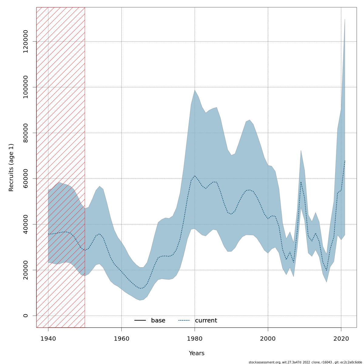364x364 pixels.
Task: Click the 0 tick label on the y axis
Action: point(25,315)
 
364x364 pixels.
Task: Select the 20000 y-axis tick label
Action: point(25,270)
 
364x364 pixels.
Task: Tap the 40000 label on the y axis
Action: point(25,224)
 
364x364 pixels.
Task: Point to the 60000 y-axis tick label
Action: point(25,178)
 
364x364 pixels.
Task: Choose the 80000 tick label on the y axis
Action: point(25,133)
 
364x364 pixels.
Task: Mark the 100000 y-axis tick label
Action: point(25,87)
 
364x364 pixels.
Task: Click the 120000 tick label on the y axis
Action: point(25,41)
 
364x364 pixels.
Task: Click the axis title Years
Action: point(197,353)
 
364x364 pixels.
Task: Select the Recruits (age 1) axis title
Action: point(11,167)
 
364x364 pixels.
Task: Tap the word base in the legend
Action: point(158,321)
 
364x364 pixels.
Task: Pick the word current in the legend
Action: point(206,321)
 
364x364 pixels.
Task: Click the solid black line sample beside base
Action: point(140,321)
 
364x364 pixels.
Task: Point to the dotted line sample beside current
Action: point(184,321)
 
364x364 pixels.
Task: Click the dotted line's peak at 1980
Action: point(195,176)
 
